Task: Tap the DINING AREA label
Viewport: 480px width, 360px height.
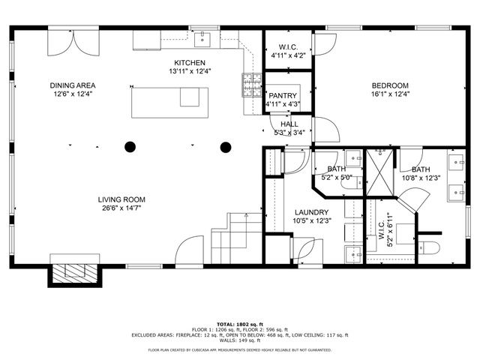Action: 72,85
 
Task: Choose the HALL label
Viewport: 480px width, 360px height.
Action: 289,124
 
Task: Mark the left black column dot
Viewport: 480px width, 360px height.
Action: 130,147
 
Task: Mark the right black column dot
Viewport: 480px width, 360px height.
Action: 225,147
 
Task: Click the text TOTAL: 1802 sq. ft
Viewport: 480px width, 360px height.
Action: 239,323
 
